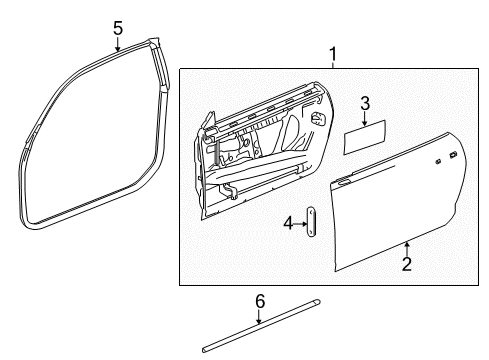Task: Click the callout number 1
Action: click(333, 54)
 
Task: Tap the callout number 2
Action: click(407, 263)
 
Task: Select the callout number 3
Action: click(365, 103)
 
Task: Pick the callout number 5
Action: click(117, 28)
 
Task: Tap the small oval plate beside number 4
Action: click(312, 222)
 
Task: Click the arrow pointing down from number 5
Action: click(117, 42)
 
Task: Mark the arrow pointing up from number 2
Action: click(407, 247)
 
